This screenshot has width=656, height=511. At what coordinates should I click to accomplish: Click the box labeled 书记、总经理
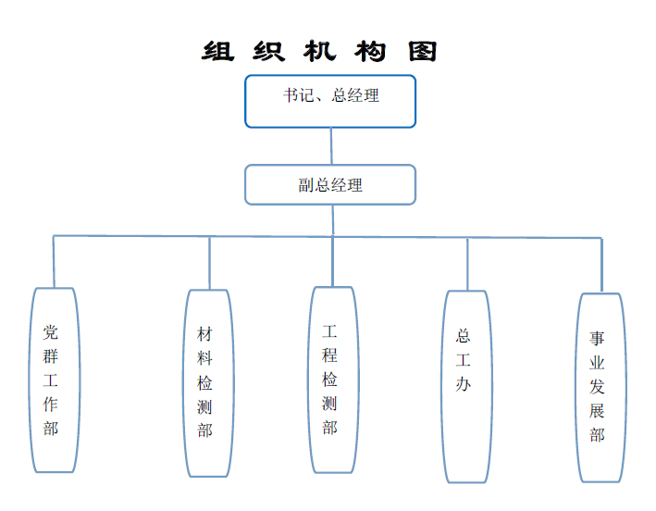click(x=329, y=101)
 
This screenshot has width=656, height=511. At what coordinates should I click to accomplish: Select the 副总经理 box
click(x=329, y=184)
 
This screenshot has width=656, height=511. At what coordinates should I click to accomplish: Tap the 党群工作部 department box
click(x=53, y=380)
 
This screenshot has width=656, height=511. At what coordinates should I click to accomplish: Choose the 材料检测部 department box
click(x=207, y=382)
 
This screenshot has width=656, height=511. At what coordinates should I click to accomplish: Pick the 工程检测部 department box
click(x=332, y=380)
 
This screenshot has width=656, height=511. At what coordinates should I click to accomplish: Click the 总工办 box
click(x=465, y=386)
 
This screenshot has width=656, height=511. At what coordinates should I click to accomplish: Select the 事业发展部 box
click(x=600, y=387)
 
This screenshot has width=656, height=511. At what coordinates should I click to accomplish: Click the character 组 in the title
click(x=217, y=51)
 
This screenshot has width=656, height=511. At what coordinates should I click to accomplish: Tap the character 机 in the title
click(x=319, y=51)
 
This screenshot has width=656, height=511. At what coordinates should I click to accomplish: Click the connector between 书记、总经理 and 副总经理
click(x=330, y=146)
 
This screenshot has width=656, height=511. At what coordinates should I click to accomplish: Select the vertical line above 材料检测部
click(x=209, y=263)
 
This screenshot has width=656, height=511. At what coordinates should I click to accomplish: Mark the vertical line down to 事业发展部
click(x=601, y=266)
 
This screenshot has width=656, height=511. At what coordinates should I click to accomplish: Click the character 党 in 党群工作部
click(x=51, y=331)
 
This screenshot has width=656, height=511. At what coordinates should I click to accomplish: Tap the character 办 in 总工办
click(x=464, y=384)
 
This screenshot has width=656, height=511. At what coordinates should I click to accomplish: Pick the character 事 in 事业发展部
click(x=598, y=339)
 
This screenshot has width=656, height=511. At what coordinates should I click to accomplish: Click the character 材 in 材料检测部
click(x=205, y=334)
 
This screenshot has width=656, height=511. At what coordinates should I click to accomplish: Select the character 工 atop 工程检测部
click(x=330, y=330)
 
